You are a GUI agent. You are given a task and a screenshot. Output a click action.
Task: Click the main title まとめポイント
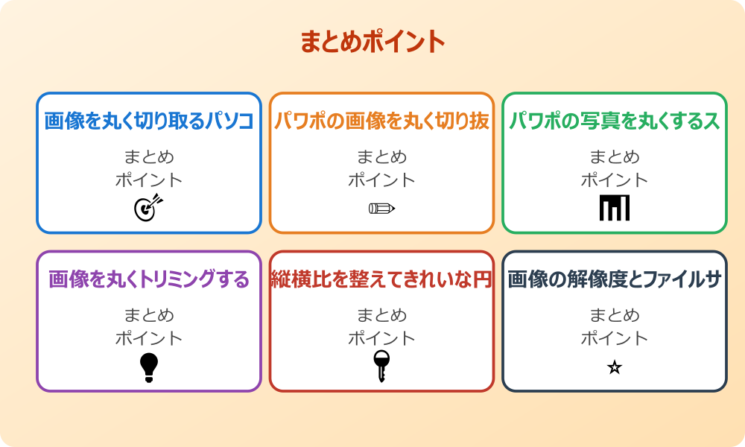(372, 42)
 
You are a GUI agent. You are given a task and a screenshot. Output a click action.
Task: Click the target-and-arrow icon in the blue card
(148, 208)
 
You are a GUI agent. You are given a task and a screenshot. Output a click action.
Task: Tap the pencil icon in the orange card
(381, 208)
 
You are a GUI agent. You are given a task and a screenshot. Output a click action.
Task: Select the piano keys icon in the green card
(615, 208)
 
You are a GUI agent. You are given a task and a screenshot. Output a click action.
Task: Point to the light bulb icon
(149, 367)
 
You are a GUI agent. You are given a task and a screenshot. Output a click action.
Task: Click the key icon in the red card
(381, 366)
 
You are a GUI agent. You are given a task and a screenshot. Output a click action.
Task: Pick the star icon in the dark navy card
(615, 367)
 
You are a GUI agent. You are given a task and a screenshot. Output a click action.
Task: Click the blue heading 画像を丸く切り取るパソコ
(149, 121)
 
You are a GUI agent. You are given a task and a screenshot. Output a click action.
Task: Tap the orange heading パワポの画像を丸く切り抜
(381, 121)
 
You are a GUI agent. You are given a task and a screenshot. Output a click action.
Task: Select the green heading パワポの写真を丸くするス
(615, 121)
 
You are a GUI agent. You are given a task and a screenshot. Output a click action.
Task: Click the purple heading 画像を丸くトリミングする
(149, 280)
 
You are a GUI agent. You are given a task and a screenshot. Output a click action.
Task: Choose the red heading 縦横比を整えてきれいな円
(381, 280)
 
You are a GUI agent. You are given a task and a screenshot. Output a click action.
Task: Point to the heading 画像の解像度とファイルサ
(615, 280)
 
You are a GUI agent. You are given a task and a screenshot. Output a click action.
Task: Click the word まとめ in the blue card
(149, 157)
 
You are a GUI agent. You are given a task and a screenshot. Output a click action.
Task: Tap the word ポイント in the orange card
(381, 180)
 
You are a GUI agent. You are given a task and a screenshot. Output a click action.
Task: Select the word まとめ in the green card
(615, 157)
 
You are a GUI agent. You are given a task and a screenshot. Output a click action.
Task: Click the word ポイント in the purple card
(149, 338)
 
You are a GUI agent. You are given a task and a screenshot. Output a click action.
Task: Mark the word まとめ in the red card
(381, 316)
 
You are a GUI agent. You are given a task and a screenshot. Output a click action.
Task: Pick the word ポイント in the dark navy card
(615, 338)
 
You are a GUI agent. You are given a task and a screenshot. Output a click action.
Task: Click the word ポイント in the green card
(615, 180)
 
